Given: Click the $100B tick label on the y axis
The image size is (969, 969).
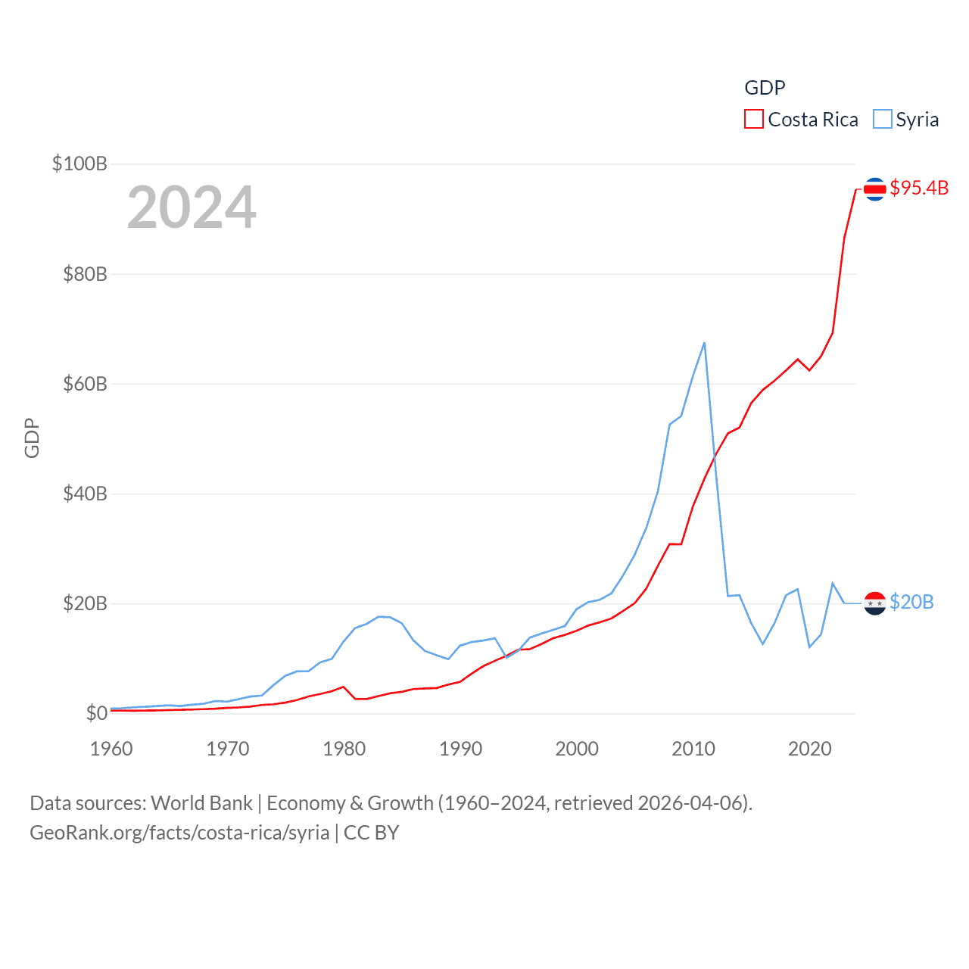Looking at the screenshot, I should coord(79,164).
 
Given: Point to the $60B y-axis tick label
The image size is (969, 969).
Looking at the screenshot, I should coord(85,384).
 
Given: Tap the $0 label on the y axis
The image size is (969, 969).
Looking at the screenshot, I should coord(96,713).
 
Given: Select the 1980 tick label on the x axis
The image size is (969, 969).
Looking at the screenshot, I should coord(344,749).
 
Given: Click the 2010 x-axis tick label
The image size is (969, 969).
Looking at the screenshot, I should coord(693,749).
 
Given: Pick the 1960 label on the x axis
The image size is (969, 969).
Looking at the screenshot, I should coord(111,749).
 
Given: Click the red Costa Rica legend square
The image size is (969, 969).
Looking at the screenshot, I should coord(754,120).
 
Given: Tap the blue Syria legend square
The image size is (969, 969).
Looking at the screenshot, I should coord(883,120).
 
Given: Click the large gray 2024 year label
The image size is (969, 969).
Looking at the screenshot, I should coord(192,207).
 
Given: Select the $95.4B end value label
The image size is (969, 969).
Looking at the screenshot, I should coord(919,188).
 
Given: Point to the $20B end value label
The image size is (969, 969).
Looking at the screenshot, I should coord(911,602).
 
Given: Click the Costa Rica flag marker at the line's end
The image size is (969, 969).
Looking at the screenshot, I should coord(875,189).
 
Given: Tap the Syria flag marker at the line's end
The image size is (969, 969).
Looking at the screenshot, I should coord(875,603).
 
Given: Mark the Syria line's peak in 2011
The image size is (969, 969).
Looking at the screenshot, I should coord(704,343).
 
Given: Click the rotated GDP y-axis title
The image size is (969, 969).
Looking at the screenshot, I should coord(32,438).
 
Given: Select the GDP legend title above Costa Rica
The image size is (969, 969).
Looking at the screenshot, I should coord(765,88).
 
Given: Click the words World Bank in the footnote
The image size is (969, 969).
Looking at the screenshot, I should coord(201,803).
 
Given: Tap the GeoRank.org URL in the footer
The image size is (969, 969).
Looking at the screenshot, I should coord(179,833).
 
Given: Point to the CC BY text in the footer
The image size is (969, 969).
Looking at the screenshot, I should coord(371,833).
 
